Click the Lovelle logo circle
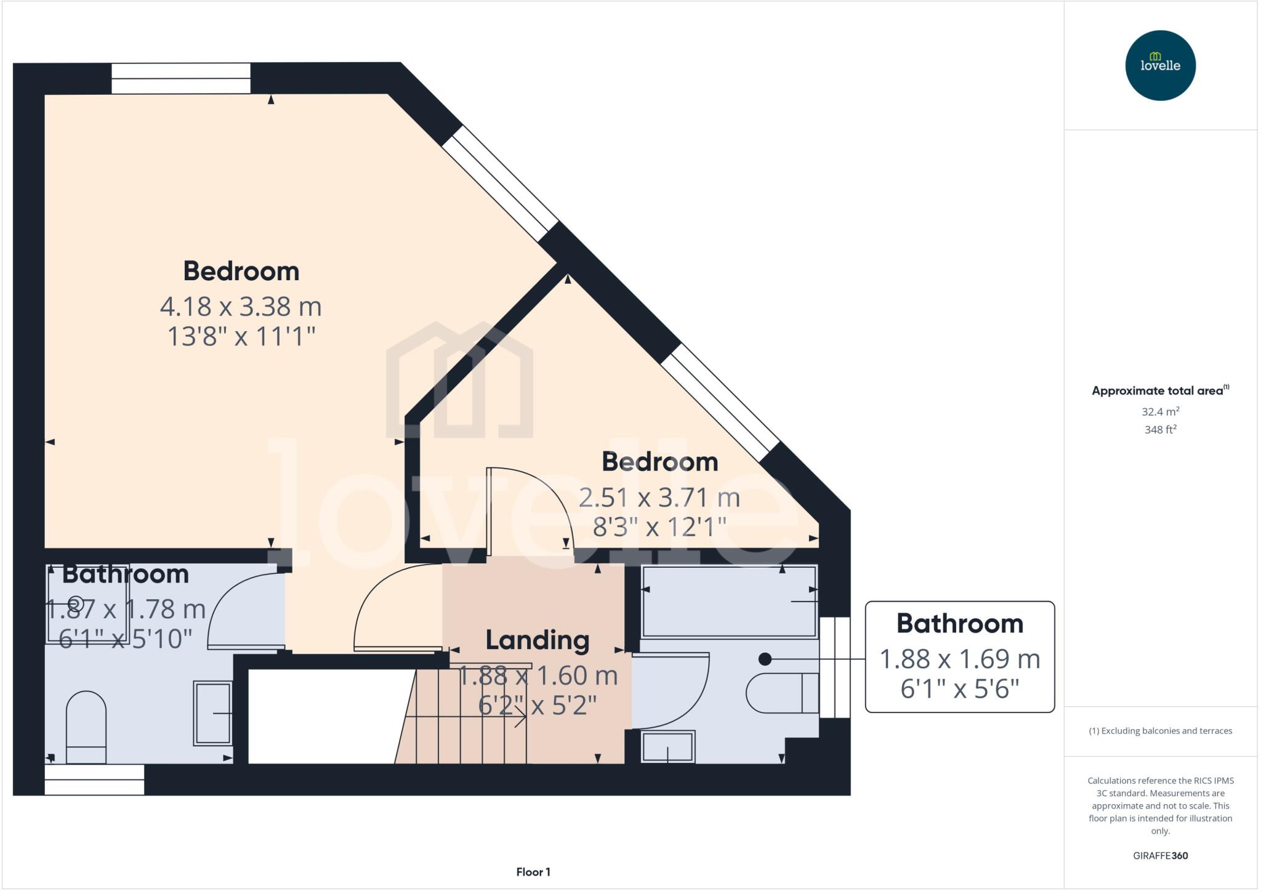(1160, 65)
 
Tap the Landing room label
(537, 640)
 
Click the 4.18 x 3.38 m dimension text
(241, 306)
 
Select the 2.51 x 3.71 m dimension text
(659, 497)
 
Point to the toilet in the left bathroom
(86, 727)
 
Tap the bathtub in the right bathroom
(729, 602)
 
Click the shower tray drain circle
(76, 603)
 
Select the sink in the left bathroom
(213, 712)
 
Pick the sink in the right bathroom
(668, 746)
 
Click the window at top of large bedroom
(180, 78)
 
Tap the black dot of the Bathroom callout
(765, 659)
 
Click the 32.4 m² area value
(1160, 411)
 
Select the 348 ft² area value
(1160, 429)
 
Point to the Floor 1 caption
(533, 872)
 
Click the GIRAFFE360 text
(1160, 855)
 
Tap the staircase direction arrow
(520, 717)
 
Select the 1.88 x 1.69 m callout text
(959, 659)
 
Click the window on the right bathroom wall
(835, 667)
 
